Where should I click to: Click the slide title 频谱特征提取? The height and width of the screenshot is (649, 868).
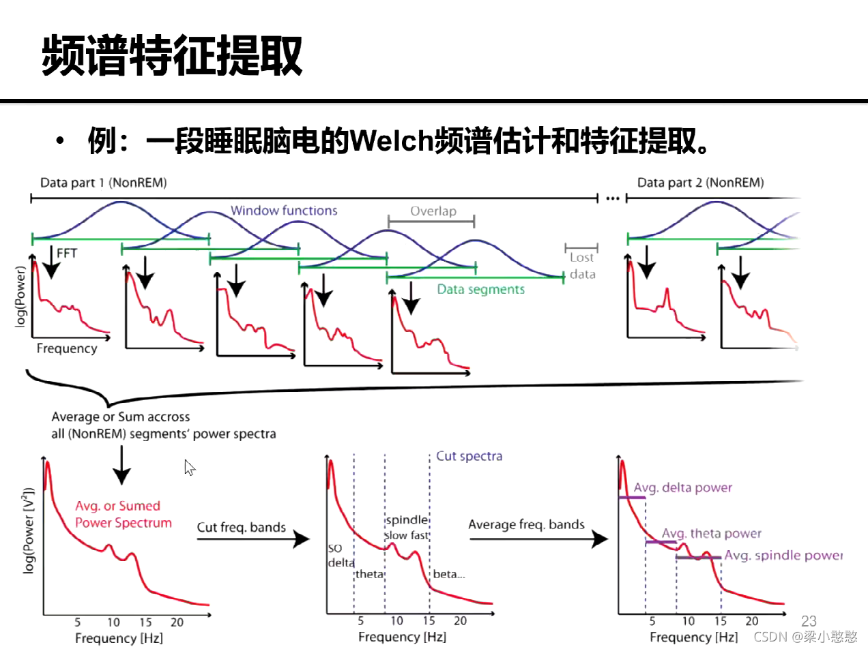coord(172,56)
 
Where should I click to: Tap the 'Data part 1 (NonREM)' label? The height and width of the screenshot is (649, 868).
coord(103,183)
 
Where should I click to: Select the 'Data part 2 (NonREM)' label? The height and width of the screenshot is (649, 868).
coord(700,183)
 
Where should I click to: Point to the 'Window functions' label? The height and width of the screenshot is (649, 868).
coord(284,211)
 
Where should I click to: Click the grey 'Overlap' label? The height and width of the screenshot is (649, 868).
coord(433,211)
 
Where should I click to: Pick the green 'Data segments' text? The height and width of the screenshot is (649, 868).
coord(481,289)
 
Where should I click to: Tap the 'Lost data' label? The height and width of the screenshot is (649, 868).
coord(582,266)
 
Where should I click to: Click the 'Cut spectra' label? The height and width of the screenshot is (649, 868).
coord(469,455)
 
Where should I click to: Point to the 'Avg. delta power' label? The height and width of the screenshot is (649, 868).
coord(682,487)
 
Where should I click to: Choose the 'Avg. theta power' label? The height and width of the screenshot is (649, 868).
coord(712,533)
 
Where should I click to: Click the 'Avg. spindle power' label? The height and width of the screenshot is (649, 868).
coord(783,556)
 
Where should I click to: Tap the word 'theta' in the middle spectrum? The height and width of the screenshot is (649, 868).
coord(369,574)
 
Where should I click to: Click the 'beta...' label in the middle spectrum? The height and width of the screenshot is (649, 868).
coord(449,574)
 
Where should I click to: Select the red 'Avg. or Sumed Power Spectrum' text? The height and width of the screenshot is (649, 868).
coord(123,515)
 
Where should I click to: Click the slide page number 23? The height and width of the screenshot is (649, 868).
coord(809,620)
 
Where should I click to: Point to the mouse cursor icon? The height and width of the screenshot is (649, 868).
coord(190,468)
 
